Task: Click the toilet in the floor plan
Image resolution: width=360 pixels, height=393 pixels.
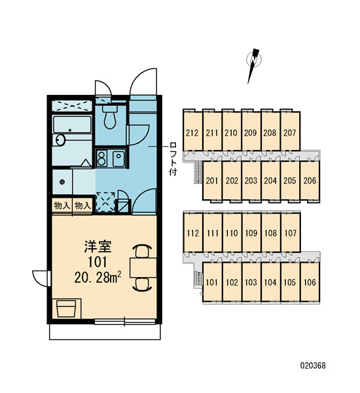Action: [110, 116]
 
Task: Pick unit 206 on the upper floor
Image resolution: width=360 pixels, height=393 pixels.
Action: [310, 181]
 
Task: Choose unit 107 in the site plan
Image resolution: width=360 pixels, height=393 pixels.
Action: [291, 233]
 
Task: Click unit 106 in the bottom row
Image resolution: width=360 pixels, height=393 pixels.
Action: [310, 282]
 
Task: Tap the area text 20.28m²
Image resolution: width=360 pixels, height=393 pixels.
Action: [98, 278]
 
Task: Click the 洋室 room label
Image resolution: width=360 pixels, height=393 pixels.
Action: [98, 246]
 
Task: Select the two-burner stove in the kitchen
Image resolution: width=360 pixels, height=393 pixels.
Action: [101, 158]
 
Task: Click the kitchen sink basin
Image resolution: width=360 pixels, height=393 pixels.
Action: [118, 159]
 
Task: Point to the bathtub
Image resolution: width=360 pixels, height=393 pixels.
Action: [72, 124]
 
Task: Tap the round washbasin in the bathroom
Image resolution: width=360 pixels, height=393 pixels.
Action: [60, 140]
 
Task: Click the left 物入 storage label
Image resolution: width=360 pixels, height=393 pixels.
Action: [62, 206]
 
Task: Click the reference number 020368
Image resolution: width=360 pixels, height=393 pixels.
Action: [313, 365]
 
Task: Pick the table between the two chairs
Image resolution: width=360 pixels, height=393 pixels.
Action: [143, 267]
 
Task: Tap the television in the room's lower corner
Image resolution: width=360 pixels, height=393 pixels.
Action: [67, 309]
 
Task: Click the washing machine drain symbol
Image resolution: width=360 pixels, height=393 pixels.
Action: [62, 181]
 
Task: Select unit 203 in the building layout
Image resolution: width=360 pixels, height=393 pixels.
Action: [251, 181]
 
